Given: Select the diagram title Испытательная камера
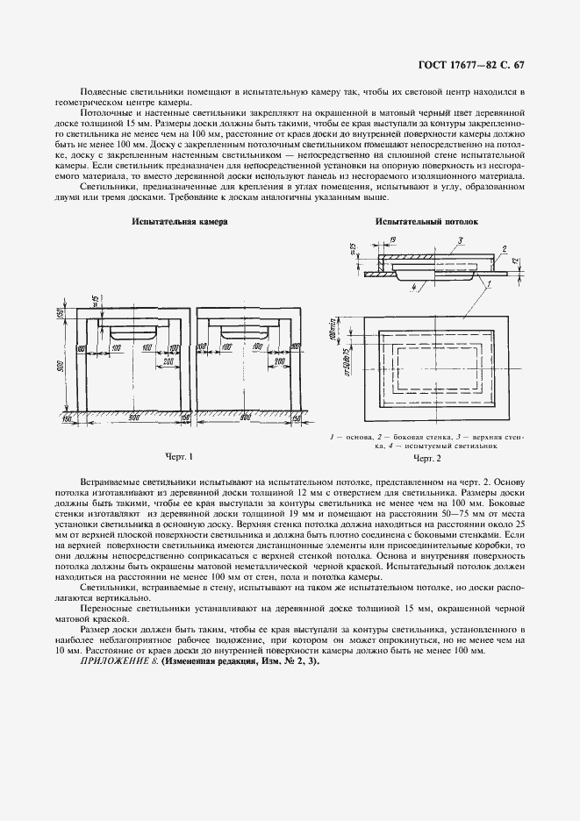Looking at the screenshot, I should [179, 223].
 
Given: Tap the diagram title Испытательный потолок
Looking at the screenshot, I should [426, 223].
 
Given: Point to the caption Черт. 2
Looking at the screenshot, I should [426, 458].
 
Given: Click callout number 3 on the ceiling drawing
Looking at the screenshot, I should [459, 240].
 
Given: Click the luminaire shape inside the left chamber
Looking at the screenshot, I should [133, 332].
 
